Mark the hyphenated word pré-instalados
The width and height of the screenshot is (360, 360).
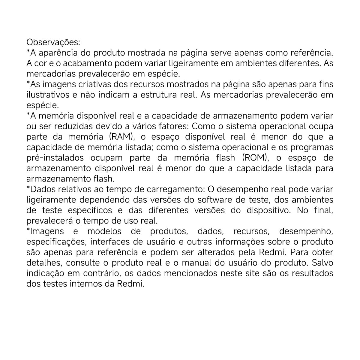tap(55, 158)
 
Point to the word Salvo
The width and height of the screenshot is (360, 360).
tap(322, 263)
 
